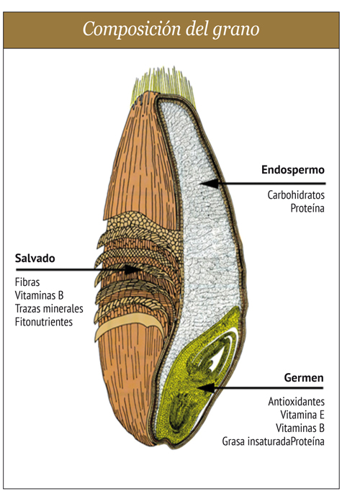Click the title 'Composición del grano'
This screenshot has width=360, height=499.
coord(171,30)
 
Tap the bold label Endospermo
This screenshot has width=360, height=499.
coord(293,170)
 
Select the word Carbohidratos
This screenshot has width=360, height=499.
coord(296,194)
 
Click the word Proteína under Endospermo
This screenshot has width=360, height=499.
coord(307,208)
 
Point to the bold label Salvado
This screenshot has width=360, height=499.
coord(35,258)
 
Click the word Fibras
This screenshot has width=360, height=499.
coord(27,282)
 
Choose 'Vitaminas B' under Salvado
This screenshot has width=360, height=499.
coord(39,295)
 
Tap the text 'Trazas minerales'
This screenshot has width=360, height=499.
coord(49,309)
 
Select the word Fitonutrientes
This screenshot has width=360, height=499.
coord(44,322)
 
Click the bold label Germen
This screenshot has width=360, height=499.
coord(304,378)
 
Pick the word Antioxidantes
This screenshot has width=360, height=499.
coord(296,402)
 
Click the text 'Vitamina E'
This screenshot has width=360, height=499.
coord(302,415)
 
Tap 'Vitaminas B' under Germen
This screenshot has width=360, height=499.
coord(300,428)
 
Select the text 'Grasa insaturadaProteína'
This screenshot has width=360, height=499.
coord(273,441)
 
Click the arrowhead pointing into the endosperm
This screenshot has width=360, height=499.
coord(209,184)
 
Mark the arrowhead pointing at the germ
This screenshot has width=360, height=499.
coord(206,388)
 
